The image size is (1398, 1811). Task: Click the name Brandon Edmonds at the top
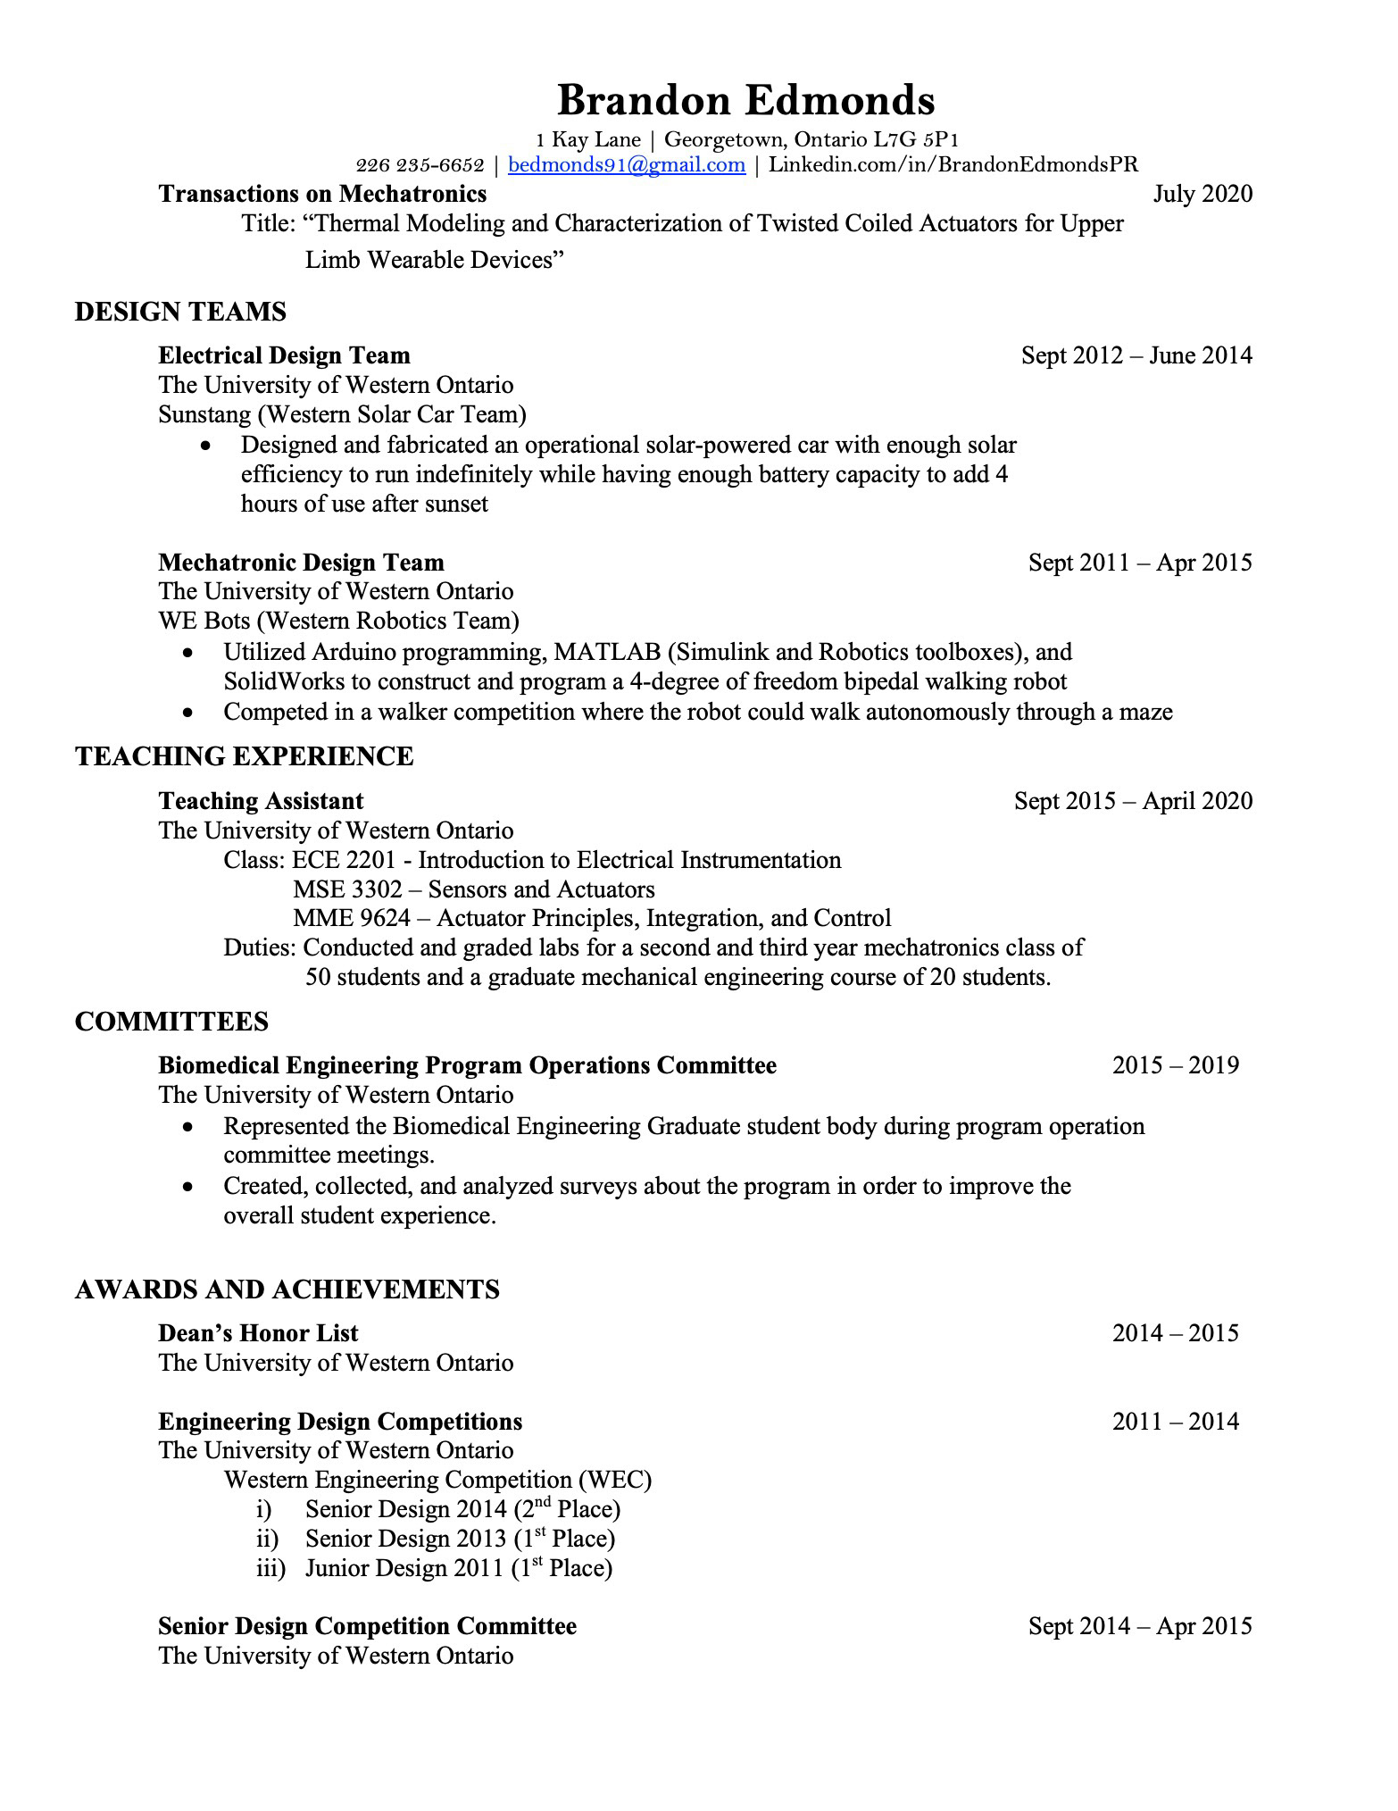745,100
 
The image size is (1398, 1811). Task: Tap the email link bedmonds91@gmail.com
626,164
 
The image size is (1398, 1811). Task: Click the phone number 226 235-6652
420,165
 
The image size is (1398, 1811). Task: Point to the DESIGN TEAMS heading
180,312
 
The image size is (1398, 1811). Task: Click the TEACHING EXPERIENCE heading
244,756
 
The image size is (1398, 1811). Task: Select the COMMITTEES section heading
171,1022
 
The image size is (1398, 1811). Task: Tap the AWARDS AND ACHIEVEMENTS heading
287,1289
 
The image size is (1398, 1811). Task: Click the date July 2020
1202,194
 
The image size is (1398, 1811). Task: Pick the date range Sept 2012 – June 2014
1136,355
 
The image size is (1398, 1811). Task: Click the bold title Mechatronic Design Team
301,563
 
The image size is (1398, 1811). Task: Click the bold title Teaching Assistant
261,801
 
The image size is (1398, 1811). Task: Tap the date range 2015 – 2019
1175,1065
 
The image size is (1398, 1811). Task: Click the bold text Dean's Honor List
258,1333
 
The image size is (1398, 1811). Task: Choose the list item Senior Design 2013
405,1539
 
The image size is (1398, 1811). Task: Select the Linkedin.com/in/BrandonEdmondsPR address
953,164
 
